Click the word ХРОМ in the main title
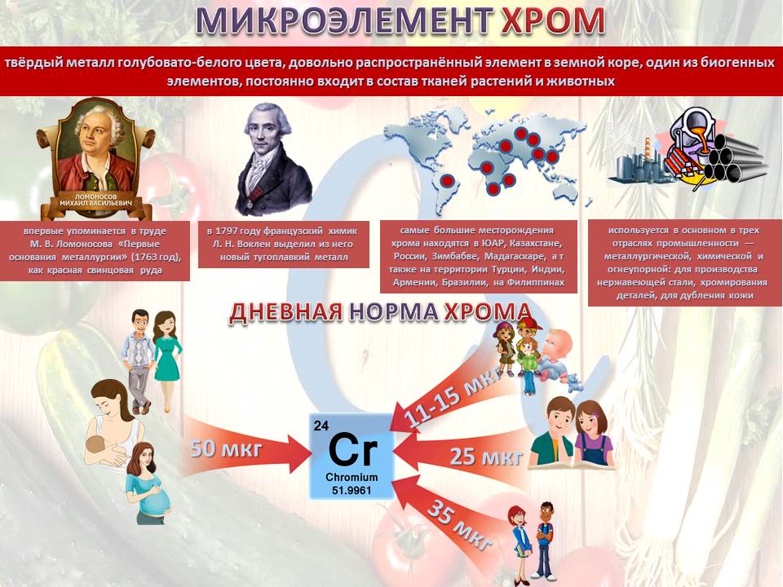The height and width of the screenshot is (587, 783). (x=553, y=20)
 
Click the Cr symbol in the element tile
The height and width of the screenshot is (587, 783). (x=353, y=450)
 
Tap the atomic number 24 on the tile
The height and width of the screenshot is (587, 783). (x=321, y=426)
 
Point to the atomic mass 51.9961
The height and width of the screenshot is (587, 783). (x=352, y=491)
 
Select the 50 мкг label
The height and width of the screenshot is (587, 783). (x=226, y=448)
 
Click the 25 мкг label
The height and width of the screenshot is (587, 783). (x=486, y=457)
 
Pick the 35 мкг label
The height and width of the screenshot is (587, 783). (x=459, y=525)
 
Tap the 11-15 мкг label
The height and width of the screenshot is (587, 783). (x=453, y=399)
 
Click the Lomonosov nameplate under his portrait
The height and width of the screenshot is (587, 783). (x=96, y=201)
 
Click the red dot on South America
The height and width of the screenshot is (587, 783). (x=448, y=179)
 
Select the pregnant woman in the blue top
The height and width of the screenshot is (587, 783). (x=148, y=483)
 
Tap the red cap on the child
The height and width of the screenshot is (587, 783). (x=530, y=324)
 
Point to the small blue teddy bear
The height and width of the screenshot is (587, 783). (x=574, y=382)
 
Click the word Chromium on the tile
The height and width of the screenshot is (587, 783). (x=352, y=477)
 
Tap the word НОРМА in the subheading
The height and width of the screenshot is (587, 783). (x=393, y=312)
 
